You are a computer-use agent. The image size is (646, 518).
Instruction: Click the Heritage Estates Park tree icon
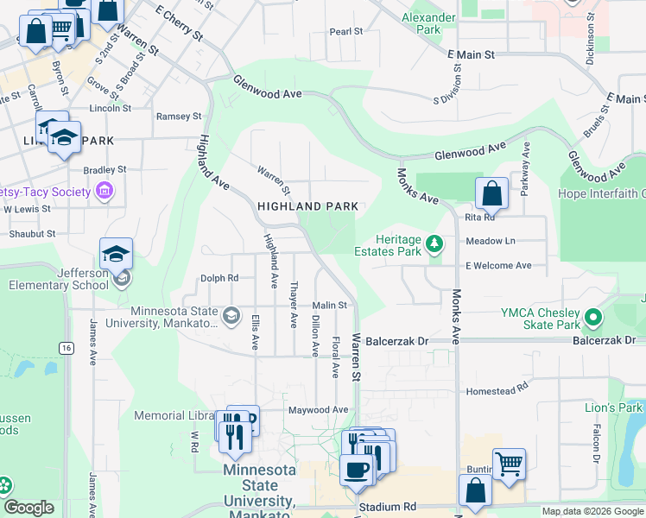point(435,245)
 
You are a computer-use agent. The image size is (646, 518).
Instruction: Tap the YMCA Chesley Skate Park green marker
point(593,318)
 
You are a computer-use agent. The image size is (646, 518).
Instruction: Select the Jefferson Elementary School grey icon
point(123,277)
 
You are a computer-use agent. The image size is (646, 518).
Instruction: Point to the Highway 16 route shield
point(66,347)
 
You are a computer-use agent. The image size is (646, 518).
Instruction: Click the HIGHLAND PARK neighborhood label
point(307,207)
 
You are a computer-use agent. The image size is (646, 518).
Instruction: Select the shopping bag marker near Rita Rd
point(491,193)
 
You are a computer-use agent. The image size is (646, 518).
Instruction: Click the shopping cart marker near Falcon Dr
point(509,464)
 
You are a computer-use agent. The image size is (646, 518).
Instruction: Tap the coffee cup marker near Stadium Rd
point(355,471)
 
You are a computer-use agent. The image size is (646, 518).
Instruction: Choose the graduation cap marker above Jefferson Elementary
point(116,253)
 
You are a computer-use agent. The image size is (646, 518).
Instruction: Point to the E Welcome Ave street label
point(498,266)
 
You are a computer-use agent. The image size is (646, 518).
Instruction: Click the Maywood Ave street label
point(318,410)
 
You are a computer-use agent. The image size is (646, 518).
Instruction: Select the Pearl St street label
point(346,32)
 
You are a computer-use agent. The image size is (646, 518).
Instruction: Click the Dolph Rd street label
point(219,278)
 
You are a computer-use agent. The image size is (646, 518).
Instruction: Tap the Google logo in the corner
point(28,508)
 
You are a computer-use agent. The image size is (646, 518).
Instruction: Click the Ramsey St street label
point(178,116)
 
